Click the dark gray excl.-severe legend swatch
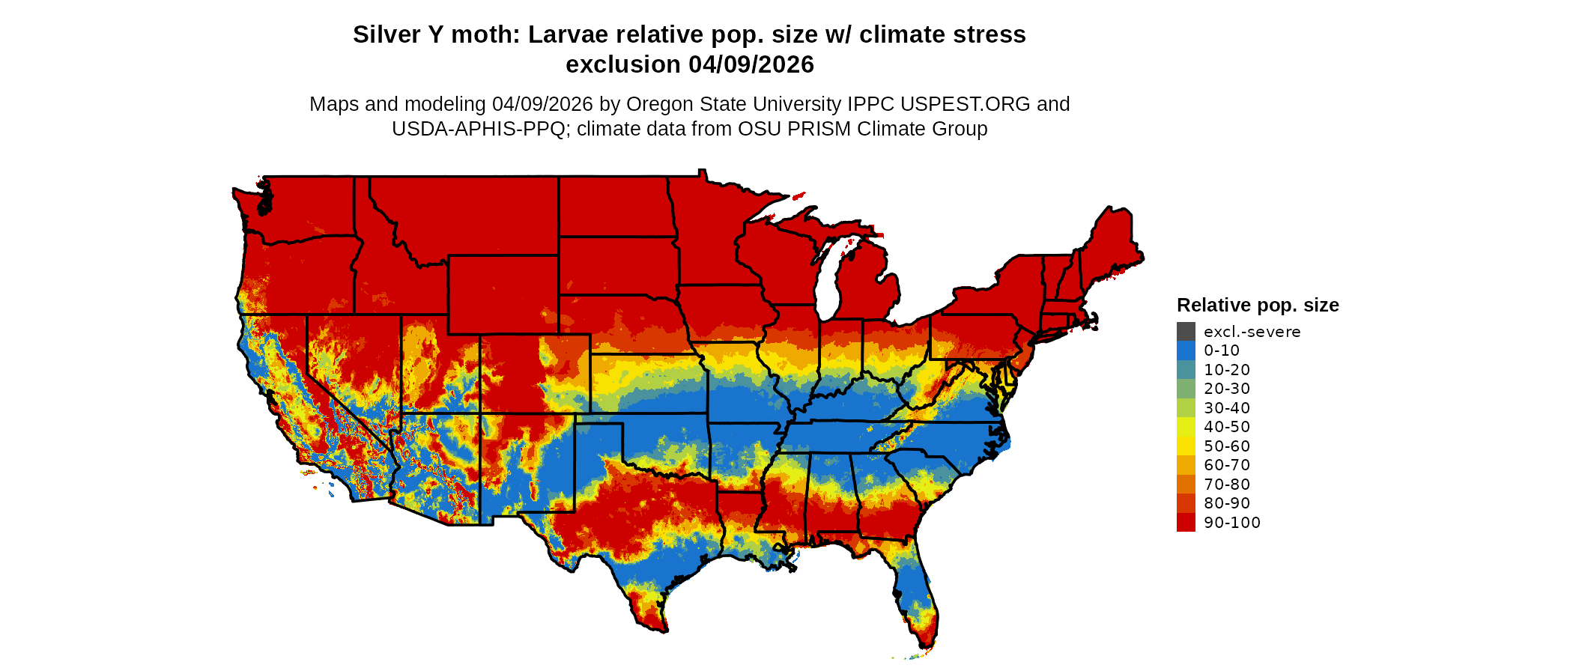point(1186,332)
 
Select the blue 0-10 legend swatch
point(1186,350)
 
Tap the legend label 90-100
point(1231,523)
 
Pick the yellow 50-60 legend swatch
point(1186,446)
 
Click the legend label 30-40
point(1227,408)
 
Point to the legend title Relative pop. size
point(1258,306)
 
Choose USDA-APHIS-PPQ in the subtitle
point(478,129)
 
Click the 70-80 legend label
point(1227,485)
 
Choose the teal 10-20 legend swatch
point(1186,370)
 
